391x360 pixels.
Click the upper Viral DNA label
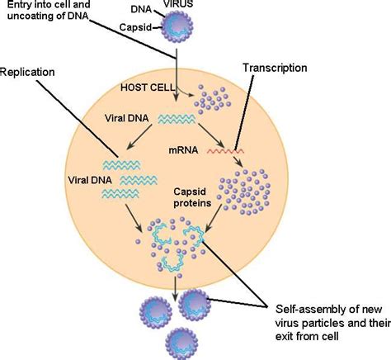(x=128, y=118)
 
